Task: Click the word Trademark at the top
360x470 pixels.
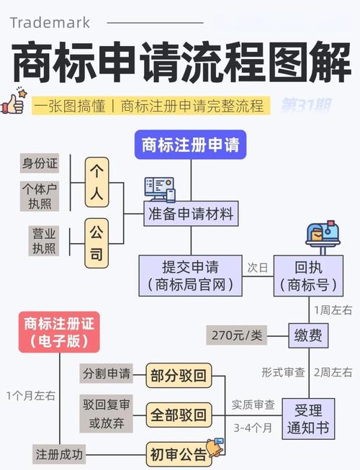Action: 50,22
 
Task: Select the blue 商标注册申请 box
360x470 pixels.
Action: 190,145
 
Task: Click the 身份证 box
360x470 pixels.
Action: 39,163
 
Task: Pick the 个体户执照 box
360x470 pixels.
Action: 39,196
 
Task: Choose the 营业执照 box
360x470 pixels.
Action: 39,240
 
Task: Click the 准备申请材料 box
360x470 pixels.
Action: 190,214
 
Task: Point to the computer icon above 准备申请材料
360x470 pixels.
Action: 159,189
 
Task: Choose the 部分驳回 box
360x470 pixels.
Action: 179,375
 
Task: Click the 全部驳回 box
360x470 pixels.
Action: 179,415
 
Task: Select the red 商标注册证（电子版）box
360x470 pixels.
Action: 58,331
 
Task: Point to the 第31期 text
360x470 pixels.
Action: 306,105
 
